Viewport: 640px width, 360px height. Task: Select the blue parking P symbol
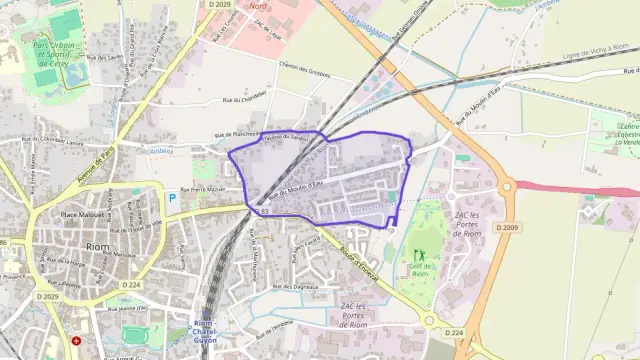(172, 198)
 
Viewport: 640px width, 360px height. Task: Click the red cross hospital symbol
(77, 341)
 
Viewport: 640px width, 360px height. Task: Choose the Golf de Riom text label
(420, 265)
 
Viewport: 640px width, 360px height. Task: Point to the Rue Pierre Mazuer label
(207, 189)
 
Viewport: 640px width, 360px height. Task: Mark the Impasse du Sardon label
(284, 137)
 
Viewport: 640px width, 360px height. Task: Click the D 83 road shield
(263, 212)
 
